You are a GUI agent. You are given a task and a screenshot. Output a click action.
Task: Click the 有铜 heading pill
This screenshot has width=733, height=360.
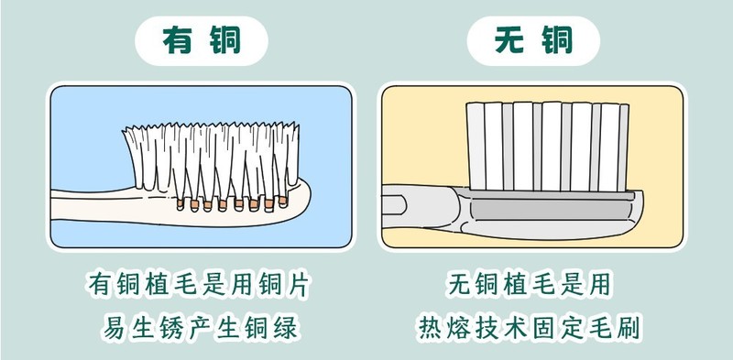click(x=201, y=40)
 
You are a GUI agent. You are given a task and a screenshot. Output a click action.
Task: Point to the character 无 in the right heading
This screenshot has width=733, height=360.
click(x=509, y=40)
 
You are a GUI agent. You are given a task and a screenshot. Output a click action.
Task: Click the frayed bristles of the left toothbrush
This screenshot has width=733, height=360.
click(x=211, y=151)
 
